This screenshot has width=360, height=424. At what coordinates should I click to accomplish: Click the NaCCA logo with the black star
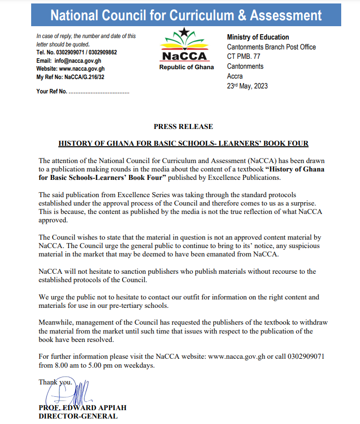pos(186,45)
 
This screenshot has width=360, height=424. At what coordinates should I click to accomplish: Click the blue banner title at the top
pos(186,15)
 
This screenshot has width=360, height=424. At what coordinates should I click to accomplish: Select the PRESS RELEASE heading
pos(183,127)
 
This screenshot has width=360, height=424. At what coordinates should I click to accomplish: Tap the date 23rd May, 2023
pos(247,85)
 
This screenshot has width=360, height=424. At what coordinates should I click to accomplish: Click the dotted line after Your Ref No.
pos(99,91)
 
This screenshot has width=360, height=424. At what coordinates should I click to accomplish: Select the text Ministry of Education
pos(258,37)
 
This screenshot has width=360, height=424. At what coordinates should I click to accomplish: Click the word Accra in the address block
pos(235,76)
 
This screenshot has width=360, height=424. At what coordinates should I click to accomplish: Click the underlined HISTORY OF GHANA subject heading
pos(183,143)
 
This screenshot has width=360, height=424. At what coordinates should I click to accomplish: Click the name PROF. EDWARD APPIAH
pos(82,408)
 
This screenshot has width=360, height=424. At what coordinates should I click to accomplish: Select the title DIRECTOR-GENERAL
pos(78,416)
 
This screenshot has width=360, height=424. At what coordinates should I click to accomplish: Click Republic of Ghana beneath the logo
pos(186,67)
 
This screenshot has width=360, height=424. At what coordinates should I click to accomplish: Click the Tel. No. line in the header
pos(77,52)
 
